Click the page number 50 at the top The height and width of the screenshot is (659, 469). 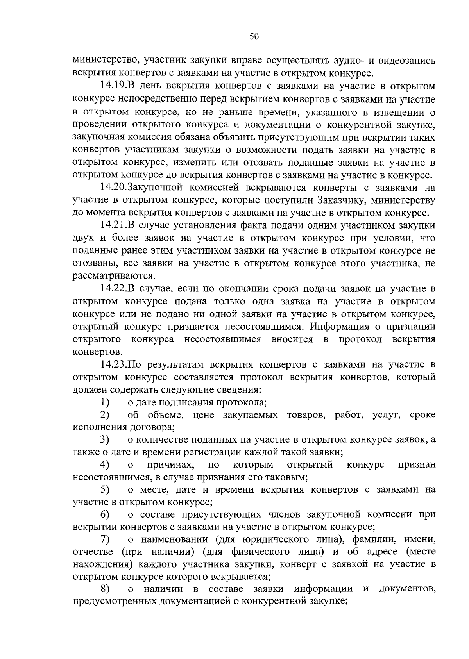coord(254,37)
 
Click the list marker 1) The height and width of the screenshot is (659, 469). coord(104,402)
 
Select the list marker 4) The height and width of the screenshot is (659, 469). coord(104,465)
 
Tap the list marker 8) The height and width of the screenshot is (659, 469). coord(104,589)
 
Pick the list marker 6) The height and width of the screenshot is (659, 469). coord(104,514)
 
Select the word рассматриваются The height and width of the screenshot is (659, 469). coord(112,276)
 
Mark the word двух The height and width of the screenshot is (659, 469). coord(84,239)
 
